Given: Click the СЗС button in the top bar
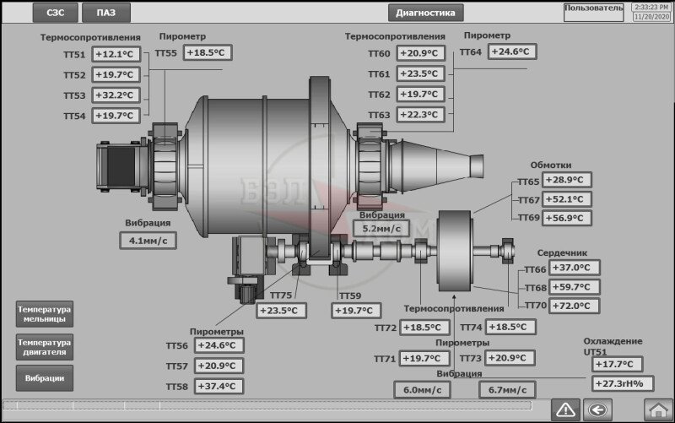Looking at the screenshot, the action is pos(56,13).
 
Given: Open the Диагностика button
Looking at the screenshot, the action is pos(426,13).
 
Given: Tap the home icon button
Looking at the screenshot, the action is pos(658,409).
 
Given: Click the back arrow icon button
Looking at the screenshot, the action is pos(597,409).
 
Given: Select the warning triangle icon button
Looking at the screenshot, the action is pos(565,409).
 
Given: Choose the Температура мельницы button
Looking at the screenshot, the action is pos(45,314).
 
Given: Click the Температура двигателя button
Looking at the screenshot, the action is pos(45,347).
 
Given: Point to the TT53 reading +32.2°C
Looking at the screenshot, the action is pos(116,95).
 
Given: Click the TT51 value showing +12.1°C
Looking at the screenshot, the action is pos(116,54).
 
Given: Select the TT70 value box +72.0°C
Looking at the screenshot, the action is pos(575,306).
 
